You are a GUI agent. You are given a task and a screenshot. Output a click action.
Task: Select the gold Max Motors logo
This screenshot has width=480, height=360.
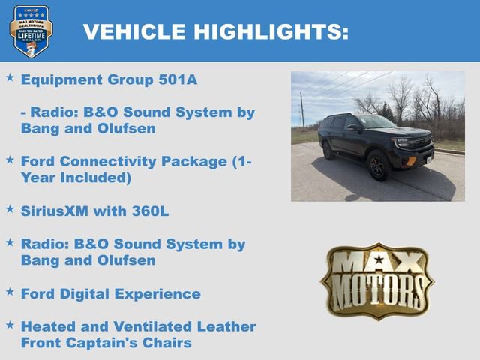tap(377, 280)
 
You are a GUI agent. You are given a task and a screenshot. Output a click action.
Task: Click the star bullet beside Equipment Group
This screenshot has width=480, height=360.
tap(10, 77)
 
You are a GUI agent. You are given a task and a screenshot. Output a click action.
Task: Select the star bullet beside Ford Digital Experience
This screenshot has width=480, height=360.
tap(10, 292)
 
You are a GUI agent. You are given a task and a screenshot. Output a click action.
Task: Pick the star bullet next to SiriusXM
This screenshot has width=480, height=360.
tap(10, 209)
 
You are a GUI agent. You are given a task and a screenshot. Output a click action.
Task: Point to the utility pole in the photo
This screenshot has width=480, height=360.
tap(302, 111)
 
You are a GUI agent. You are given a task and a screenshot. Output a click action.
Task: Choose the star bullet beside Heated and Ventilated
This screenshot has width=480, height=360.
tap(10, 325)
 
